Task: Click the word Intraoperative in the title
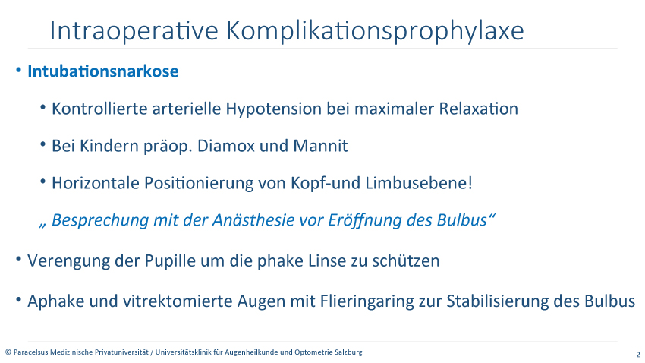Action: click(x=134, y=30)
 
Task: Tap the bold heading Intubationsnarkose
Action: click(x=103, y=71)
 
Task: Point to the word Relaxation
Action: click(x=478, y=109)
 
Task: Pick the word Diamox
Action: click(x=226, y=146)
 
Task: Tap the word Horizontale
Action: click(x=96, y=183)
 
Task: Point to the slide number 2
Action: click(x=638, y=355)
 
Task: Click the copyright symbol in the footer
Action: click(x=8, y=352)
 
